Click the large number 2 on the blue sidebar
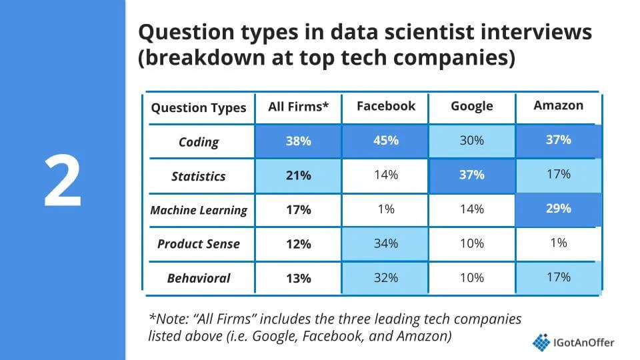(63, 180)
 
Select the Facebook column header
(385, 106)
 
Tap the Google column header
(471, 107)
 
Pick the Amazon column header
(558, 105)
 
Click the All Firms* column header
(298, 107)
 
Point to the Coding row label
(199, 141)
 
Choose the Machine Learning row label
(199, 210)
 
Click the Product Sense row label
(199, 243)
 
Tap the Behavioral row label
(199, 278)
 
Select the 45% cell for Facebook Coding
(385, 141)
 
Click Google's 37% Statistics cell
(471, 175)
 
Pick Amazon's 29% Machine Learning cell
(558, 209)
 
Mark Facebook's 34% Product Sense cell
(385, 243)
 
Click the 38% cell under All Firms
(298, 141)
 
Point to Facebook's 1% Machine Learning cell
(385, 209)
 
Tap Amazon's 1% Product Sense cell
(558, 243)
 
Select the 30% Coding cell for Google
(471, 141)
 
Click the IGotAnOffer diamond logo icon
(541, 342)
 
